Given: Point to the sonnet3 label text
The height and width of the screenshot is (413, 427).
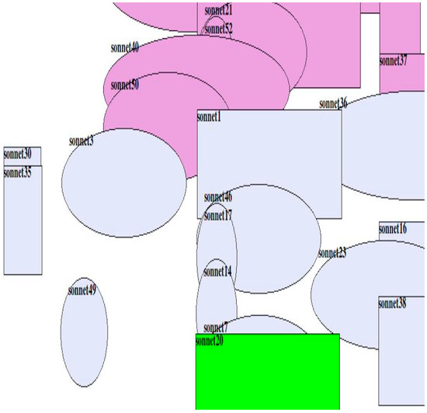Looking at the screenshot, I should [x=82, y=141].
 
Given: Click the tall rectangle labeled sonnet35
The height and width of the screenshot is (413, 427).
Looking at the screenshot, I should [x=23, y=225].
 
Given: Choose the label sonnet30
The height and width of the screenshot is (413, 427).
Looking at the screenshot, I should [x=17, y=154].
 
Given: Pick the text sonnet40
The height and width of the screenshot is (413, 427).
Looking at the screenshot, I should [x=125, y=47].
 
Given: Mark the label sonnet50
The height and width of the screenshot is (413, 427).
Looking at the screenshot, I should [x=125, y=85].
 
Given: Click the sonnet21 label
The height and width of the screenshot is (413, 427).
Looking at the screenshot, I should [x=218, y=10].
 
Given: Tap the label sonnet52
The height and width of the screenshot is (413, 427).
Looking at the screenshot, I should [x=218, y=29].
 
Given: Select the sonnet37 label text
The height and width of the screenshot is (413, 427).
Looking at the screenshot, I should [x=393, y=61].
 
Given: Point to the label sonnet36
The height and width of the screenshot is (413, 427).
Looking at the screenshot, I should [x=333, y=103].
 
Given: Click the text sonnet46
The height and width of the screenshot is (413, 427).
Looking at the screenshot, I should [x=218, y=196].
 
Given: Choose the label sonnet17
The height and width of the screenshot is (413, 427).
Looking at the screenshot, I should [x=218, y=215].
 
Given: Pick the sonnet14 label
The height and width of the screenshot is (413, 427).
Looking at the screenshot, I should [x=217, y=272].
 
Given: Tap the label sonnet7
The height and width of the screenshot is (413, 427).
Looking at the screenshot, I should [x=215, y=328].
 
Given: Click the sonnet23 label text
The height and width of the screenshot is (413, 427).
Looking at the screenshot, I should [x=332, y=253].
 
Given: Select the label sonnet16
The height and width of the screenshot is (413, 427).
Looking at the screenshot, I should [x=392, y=228].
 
